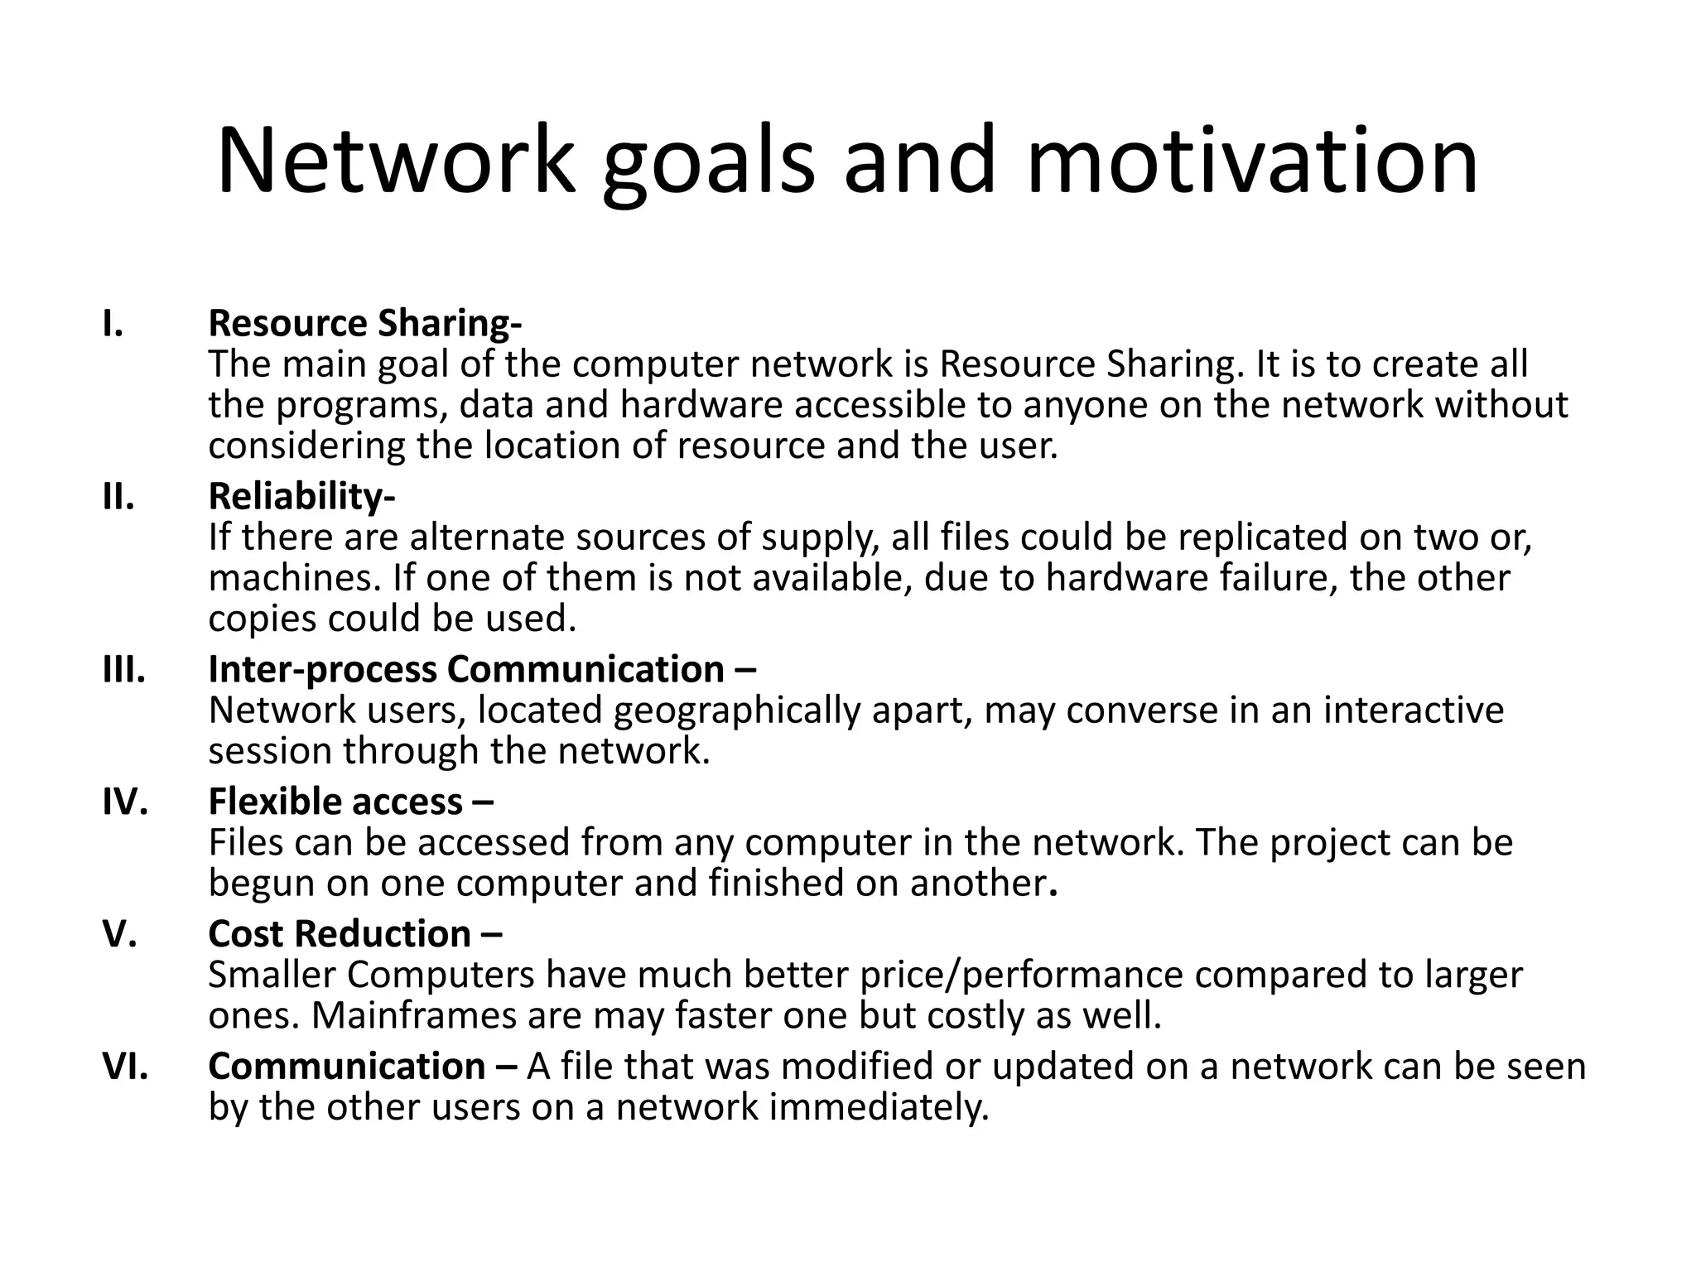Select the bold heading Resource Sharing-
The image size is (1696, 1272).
click(364, 323)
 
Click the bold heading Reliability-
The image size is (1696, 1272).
click(301, 496)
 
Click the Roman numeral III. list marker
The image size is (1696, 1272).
click(124, 669)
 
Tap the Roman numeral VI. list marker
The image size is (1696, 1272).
click(125, 1066)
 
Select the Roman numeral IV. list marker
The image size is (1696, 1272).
click(125, 801)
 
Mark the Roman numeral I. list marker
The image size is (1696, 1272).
click(113, 323)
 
